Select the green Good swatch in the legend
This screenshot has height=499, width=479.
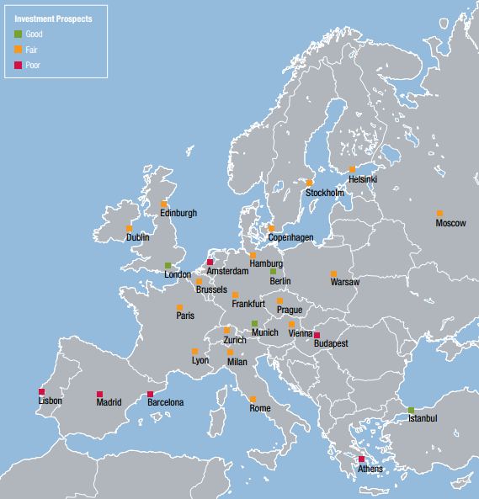[x=19, y=35]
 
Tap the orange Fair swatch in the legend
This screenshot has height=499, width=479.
[x=19, y=50]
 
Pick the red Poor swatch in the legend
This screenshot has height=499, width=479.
[x=19, y=65]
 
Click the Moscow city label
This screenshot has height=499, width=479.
[x=450, y=223]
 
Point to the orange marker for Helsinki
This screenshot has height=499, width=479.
[x=352, y=169]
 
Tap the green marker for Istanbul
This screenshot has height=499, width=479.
[x=411, y=410]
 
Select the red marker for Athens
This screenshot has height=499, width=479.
[x=361, y=459]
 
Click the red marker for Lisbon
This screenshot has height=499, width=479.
[x=41, y=391]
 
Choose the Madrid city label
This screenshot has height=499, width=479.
[x=109, y=402]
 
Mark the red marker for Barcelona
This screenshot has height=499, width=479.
[x=150, y=394]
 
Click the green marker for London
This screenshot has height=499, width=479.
[x=168, y=265]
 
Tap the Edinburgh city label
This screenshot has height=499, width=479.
[x=178, y=213]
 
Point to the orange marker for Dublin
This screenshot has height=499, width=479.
[x=129, y=228]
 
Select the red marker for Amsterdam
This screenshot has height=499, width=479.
[x=210, y=263]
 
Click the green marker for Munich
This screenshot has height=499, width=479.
[x=254, y=323]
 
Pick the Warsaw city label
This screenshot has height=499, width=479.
[x=344, y=282]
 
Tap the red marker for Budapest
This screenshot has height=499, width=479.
[x=317, y=335]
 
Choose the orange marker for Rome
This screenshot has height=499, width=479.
[x=253, y=399]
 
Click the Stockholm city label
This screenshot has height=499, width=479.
[x=325, y=193]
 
